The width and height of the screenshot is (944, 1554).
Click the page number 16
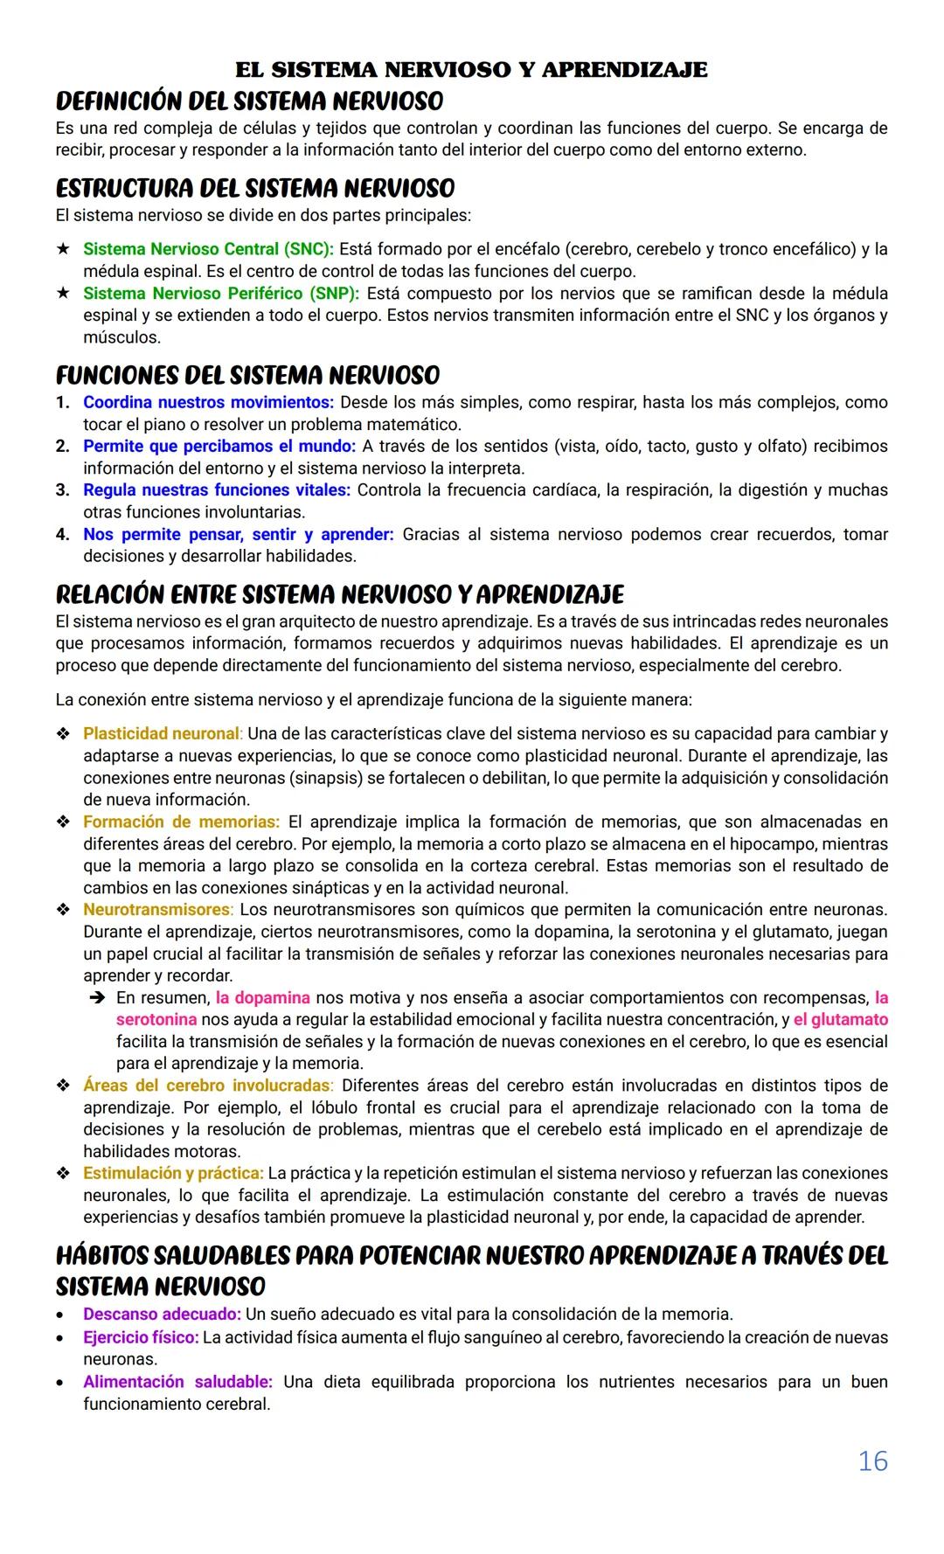coord(872,1461)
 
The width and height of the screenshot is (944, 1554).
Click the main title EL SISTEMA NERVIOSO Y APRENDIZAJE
coord(471,70)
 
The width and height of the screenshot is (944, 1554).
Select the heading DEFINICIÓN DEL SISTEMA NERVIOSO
coord(249,101)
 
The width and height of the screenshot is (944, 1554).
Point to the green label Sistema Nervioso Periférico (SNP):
coord(222,293)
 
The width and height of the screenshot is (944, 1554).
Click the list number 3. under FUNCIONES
coord(62,490)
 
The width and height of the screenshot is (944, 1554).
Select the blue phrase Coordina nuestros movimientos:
coord(208,402)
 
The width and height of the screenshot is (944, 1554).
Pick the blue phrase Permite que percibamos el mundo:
coord(219,446)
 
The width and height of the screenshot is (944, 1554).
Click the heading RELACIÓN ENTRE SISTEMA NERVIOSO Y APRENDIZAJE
coord(339,595)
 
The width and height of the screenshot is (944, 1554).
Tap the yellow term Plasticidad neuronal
coord(161,733)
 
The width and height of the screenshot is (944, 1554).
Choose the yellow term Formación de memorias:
coord(181,822)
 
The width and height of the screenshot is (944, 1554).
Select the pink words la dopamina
coord(262,998)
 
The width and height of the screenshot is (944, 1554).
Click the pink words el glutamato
coord(840,1020)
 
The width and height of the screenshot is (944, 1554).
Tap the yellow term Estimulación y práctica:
coord(173,1173)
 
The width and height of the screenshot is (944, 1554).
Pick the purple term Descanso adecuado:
coord(162,1314)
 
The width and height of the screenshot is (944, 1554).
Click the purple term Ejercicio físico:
coord(141,1337)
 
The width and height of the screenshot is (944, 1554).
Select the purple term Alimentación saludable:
coord(177,1382)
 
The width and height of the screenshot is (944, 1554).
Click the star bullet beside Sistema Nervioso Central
coord(63,249)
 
